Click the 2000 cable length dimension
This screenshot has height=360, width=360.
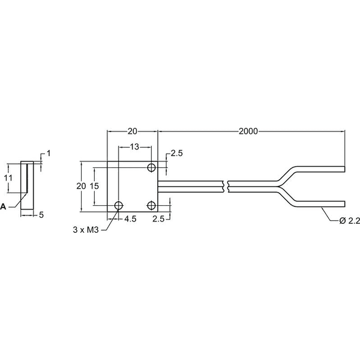point(248,131)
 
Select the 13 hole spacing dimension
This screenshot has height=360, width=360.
point(134,147)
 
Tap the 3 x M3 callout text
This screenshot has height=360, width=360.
point(86,230)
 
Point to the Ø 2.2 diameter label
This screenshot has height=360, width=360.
point(349,221)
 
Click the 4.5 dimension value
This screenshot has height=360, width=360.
point(130,219)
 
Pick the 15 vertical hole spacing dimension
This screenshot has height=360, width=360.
point(94,186)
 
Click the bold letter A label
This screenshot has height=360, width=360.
point(3,206)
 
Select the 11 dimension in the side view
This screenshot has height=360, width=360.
point(8,178)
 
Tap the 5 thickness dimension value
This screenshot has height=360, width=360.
point(41,215)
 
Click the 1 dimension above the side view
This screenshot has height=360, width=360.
point(49,153)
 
